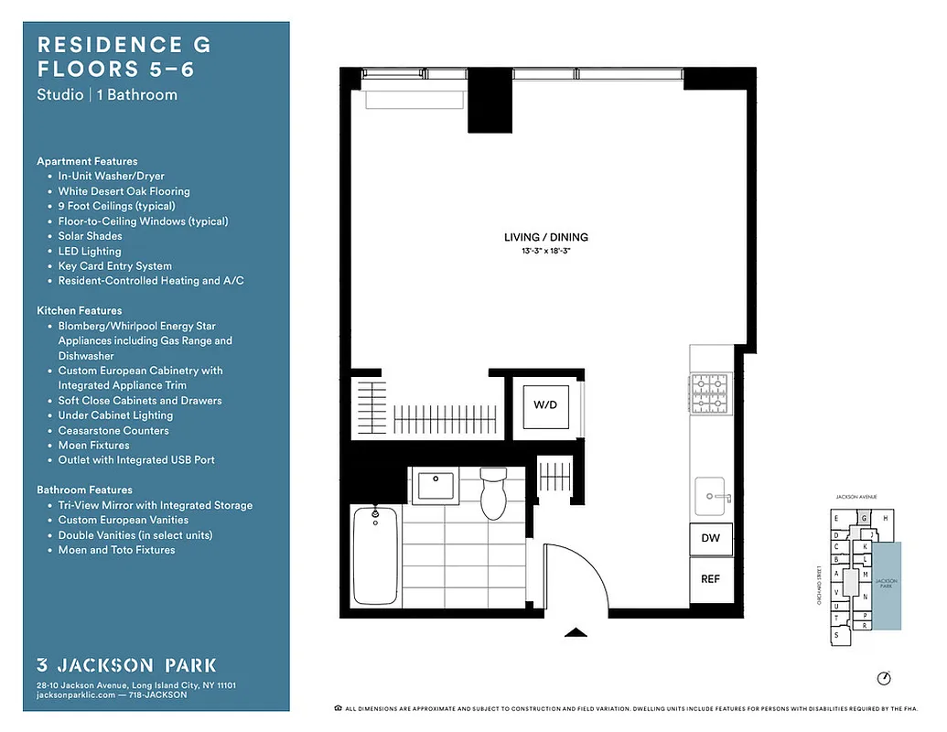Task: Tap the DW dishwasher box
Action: (710, 538)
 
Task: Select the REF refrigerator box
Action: (710, 578)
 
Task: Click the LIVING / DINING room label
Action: (545, 237)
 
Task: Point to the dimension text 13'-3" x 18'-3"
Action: (545, 250)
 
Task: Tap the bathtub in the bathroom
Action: (374, 555)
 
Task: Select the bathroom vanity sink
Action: (436, 484)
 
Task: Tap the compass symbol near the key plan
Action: (883, 678)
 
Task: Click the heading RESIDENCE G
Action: (124, 45)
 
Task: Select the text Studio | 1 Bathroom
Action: (107, 94)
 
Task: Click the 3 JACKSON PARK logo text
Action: (126, 665)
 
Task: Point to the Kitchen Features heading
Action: (79, 310)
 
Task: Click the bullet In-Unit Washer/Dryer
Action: (111, 176)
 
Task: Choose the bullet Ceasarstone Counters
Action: (113, 430)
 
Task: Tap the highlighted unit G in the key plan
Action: (863, 518)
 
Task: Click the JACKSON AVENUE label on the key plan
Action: (856, 497)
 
